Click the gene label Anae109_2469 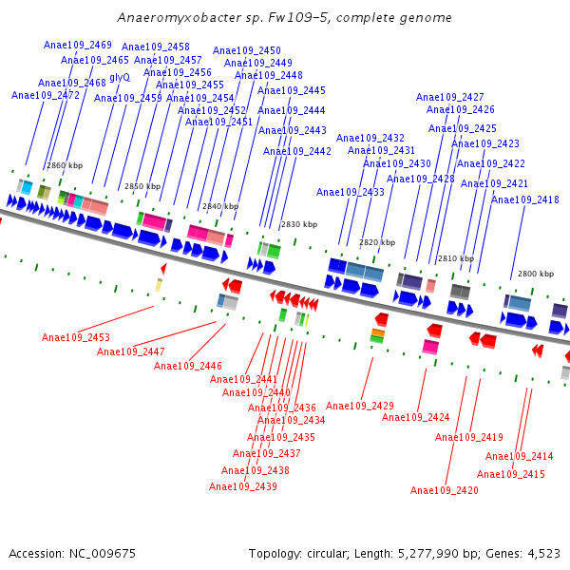point(78,46)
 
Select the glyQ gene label point(120,77)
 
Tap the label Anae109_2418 point(524,199)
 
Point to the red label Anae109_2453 point(76,337)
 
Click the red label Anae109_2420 point(445,490)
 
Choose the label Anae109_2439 point(243,486)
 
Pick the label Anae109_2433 point(351,192)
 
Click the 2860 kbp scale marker point(65,165)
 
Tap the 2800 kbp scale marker point(535,274)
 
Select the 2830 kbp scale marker point(298,224)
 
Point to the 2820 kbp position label point(376,242)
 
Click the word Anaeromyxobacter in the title point(168,18)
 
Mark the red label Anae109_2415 point(511,474)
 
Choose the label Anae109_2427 point(450,98)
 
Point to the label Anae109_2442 point(297,152)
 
